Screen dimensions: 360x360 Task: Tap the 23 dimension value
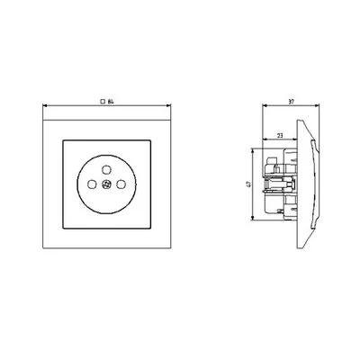pos(279,136)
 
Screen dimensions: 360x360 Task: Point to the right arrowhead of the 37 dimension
pos(310,106)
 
